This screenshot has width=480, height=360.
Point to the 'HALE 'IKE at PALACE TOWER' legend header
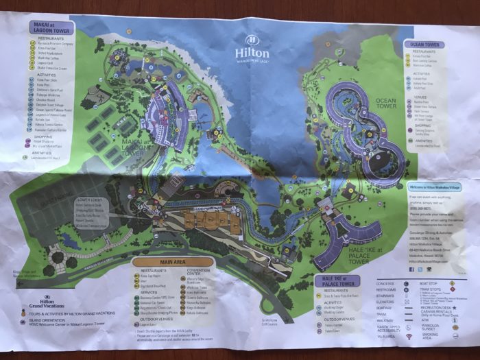coord(337,280)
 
